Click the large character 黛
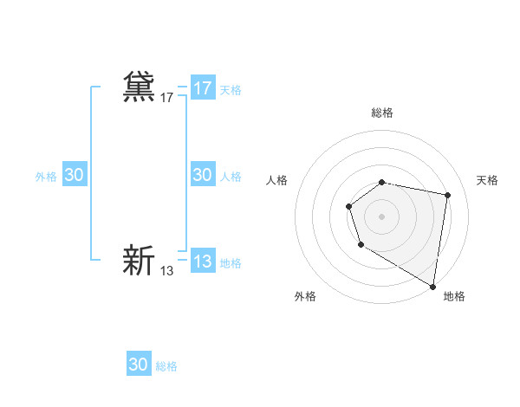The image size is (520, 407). (139, 87)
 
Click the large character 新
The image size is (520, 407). (139, 260)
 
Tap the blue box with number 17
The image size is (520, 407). (203, 88)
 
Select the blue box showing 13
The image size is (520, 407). (203, 262)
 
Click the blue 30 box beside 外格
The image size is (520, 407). (75, 175)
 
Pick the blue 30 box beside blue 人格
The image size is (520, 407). (203, 175)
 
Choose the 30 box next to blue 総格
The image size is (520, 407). (139, 365)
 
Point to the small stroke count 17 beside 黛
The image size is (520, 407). (166, 98)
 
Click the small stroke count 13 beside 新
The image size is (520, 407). (166, 271)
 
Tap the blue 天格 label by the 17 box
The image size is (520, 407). (231, 89)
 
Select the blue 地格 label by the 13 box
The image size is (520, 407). (231, 262)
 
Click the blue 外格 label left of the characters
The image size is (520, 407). (46, 176)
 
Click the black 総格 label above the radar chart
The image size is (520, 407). (382, 113)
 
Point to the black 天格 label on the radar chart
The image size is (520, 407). (488, 180)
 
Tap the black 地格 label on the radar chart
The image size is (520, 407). (454, 296)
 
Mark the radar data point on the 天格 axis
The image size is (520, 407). (447, 195)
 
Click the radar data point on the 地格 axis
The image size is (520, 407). (432, 286)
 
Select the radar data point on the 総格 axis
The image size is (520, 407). (382, 182)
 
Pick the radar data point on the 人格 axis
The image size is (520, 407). (348, 206)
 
